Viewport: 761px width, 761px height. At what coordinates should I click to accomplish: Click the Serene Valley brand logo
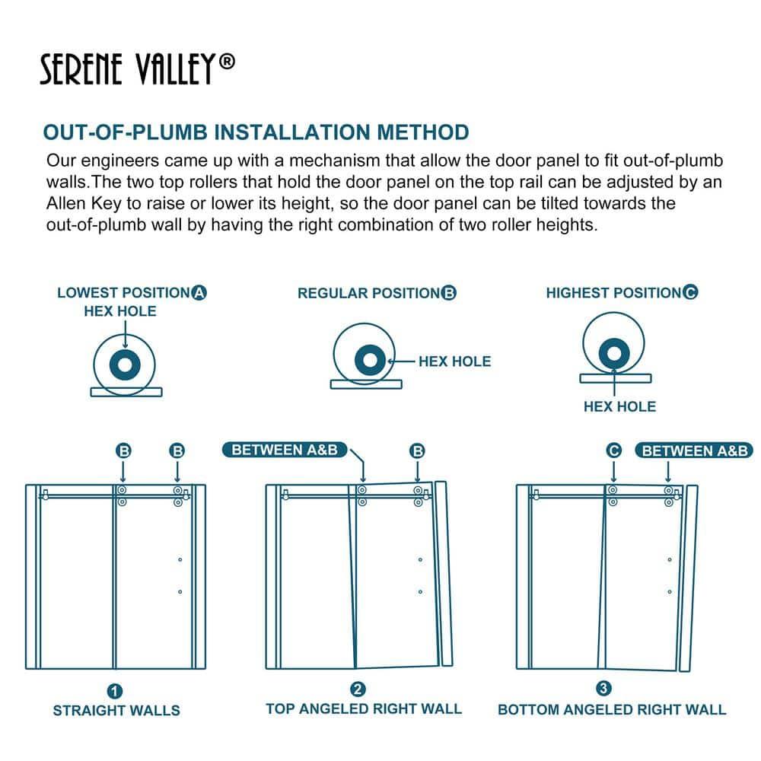coord(137,71)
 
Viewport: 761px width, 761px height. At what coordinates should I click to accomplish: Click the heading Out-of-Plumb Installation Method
coord(256,132)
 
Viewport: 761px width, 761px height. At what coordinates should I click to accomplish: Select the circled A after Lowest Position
coord(199,293)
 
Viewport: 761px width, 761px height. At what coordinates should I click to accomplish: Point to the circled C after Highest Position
coord(690,292)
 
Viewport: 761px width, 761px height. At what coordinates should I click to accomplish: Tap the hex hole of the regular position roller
coord(368,358)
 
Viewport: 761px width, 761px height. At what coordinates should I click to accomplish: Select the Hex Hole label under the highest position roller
coord(619,406)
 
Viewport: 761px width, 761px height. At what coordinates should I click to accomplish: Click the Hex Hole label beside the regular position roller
coord(454,361)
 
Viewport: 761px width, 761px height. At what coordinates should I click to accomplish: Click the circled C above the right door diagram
coord(613,451)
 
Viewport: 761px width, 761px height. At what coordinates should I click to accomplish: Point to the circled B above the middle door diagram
coord(417,451)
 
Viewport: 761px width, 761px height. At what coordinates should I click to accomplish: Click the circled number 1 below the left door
coord(115,692)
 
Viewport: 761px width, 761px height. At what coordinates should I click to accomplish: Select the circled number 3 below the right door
coord(603,689)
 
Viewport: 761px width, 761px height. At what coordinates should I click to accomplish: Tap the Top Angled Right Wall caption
coord(363,708)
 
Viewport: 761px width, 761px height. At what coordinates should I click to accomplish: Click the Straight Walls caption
coord(116,711)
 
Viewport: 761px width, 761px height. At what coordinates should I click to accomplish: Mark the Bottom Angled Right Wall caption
coord(612,710)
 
